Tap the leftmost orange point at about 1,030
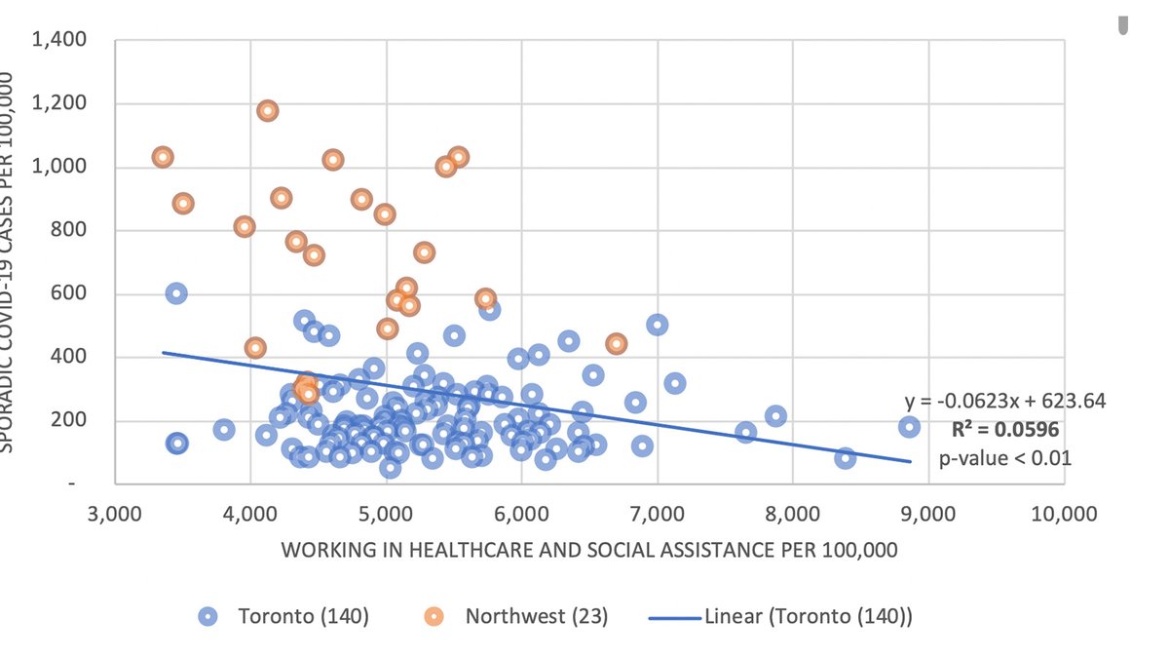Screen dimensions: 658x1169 pyautogui.click(x=163, y=157)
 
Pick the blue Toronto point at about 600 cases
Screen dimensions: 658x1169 pyautogui.click(x=176, y=293)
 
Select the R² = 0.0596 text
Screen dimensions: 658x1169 pyautogui.click(x=1004, y=429)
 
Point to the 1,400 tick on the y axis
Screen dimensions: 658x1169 pyautogui.click(x=60, y=41)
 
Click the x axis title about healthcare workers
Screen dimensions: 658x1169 pyautogui.click(x=588, y=550)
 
